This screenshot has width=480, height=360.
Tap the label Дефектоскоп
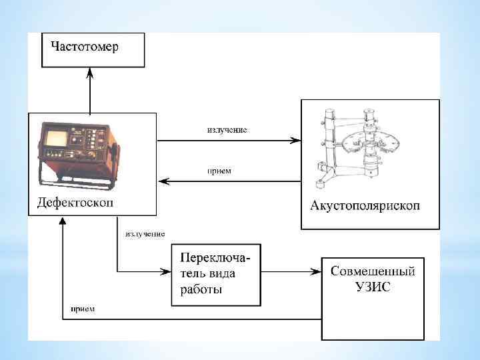click(74, 201)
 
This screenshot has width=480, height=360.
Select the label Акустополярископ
click(365, 205)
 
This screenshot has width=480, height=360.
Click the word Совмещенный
click(373, 271)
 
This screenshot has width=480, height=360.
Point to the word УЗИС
click(373, 287)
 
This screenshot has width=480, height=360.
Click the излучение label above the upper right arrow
click(227, 130)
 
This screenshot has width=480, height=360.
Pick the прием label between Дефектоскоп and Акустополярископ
click(219, 171)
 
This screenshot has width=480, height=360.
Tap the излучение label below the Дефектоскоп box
click(145, 234)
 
